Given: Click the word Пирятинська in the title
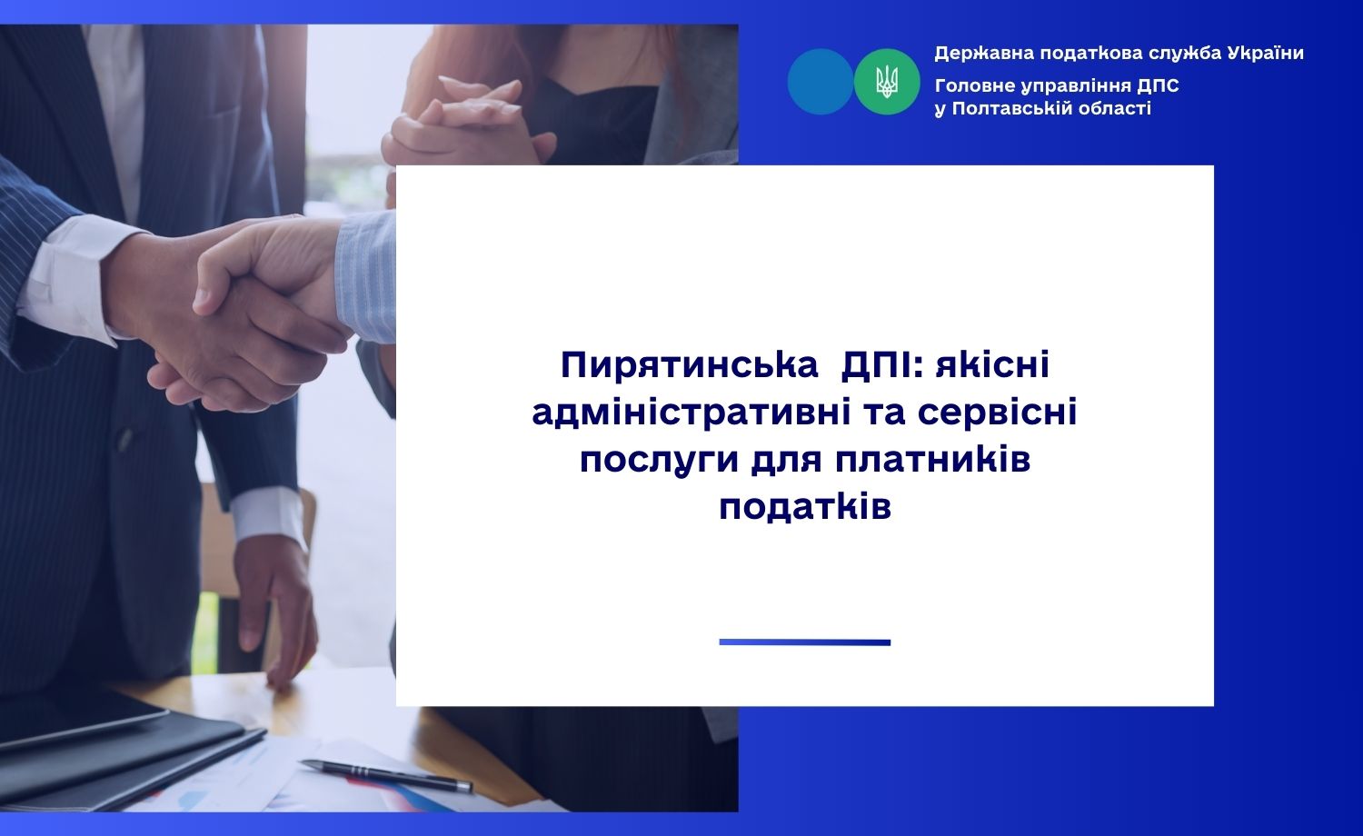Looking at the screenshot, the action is click(690, 365).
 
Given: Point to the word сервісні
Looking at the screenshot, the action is click(998, 412).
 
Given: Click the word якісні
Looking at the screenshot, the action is click(992, 364).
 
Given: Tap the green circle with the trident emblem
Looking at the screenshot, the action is click(887, 82).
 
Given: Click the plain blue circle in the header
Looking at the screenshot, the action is click(821, 82).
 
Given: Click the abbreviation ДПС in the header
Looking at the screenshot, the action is click(1158, 85).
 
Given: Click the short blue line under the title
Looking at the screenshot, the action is click(804, 642).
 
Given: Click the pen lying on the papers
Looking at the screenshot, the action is click(386, 776).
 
